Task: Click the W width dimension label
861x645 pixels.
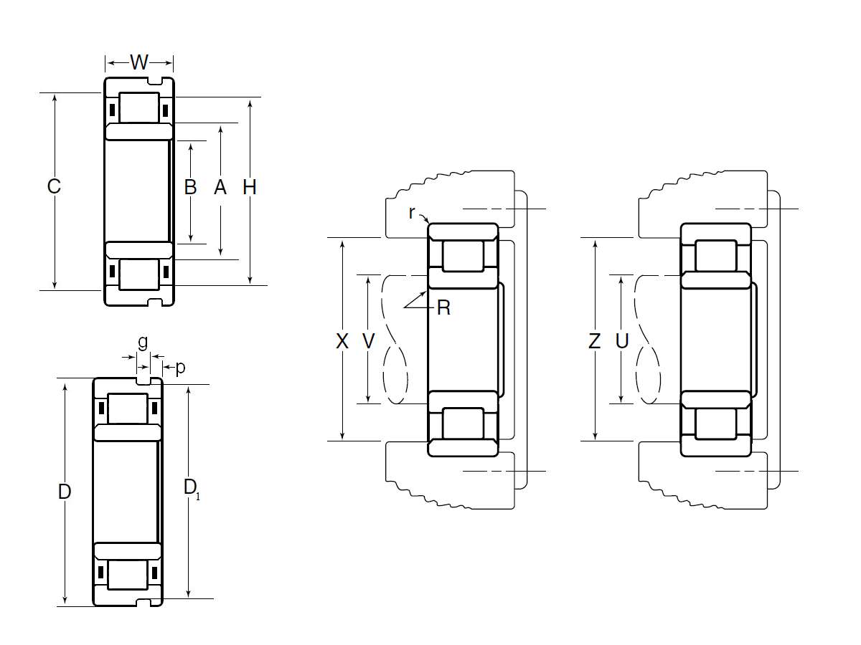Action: tap(139, 62)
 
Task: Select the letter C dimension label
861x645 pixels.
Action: tap(54, 186)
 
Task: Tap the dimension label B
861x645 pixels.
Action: tap(191, 187)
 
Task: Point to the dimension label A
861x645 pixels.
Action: tap(220, 187)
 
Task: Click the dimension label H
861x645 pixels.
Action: tap(250, 187)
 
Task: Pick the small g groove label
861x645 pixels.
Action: tap(143, 343)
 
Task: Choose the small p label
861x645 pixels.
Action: tap(180, 368)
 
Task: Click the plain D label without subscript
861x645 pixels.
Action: tap(65, 492)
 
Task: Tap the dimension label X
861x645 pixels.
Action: tap(342, 341)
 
